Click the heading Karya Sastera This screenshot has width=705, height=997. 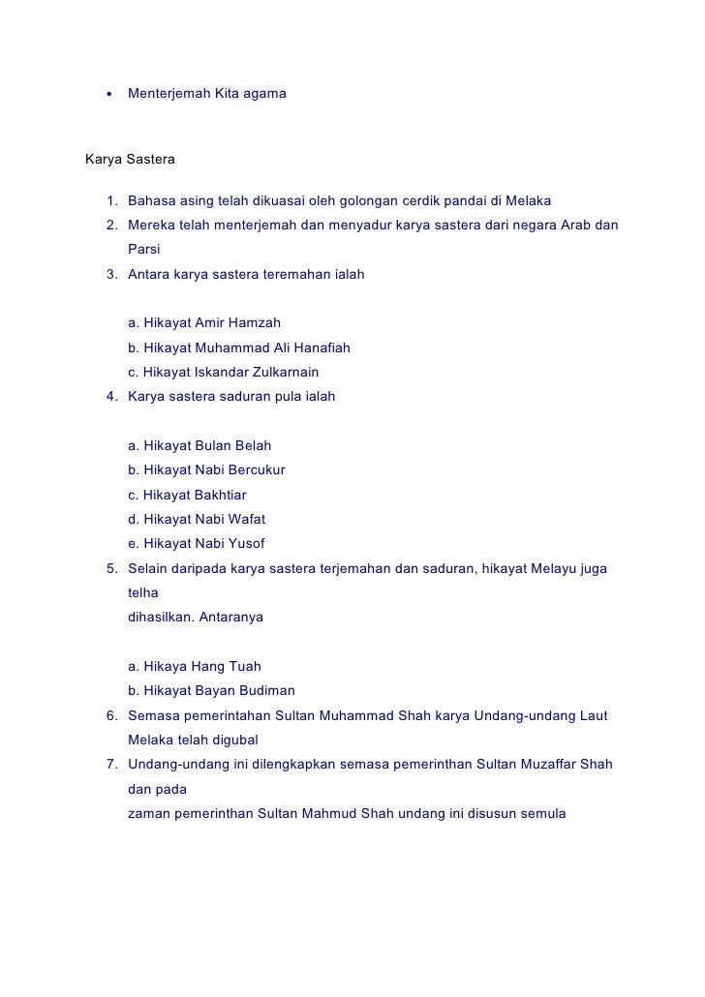point(130,157)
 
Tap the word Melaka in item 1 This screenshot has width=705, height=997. point(528,201)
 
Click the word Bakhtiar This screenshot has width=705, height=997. point(221,495)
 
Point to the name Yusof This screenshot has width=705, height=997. point(247,544)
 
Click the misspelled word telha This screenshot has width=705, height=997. point(142,592)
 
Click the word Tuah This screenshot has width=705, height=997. point(245,667)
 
